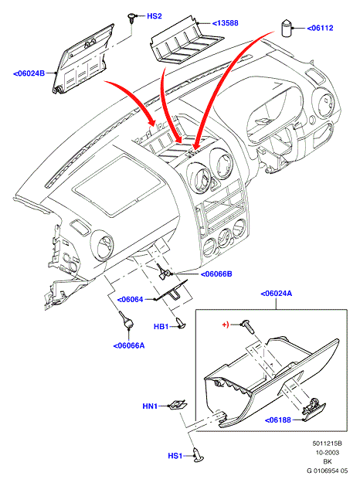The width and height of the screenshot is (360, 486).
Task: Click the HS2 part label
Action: point(155,16)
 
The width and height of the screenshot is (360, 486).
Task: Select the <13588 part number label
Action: point(226,23)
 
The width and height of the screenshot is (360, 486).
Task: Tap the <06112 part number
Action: point(320,29)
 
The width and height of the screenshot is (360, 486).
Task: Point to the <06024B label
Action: point(29,73)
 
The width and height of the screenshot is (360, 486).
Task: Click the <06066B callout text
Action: point(216,274)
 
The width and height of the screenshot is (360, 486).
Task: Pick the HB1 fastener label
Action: point(161,327)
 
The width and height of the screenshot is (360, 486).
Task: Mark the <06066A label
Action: point(129,345)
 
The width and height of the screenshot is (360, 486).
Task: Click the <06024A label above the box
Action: point(277,294)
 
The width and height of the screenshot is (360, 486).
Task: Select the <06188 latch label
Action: point(278,420)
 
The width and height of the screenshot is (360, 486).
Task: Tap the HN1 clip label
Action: point(150,406)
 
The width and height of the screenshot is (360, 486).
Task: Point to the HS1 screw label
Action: point(175,456)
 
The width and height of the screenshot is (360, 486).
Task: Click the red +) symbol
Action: point(226,325)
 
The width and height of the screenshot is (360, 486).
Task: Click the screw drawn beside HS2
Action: point(132,18)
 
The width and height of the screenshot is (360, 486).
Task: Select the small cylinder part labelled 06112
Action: point(287,29)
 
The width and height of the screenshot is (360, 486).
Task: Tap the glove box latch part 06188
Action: point(314,410)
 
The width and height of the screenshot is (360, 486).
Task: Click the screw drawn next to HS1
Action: point(198,454)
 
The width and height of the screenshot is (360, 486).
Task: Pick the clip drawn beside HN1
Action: point(178,405)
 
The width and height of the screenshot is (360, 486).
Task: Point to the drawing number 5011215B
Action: point(328,444)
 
